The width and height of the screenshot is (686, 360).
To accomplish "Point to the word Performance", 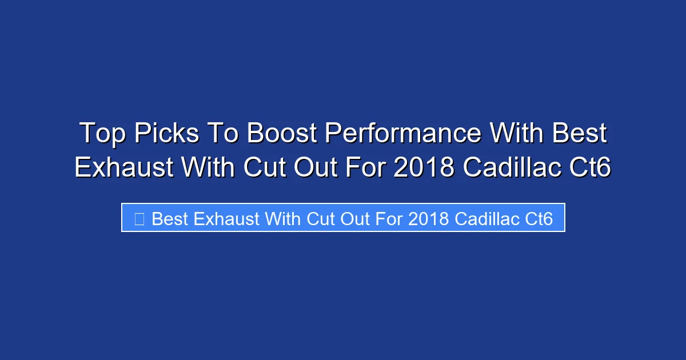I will pos(403,134).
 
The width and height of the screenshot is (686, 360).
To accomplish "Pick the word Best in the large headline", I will pos(579,134).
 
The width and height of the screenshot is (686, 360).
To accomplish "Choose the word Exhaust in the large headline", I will pos(123,167).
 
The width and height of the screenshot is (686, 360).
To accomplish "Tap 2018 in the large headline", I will pos(426,167).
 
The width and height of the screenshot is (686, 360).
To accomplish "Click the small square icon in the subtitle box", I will pos(139,219).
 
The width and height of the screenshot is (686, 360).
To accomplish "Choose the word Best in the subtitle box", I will pos(170,219).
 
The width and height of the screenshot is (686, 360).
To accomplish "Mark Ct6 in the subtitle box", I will pos(539,219).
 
